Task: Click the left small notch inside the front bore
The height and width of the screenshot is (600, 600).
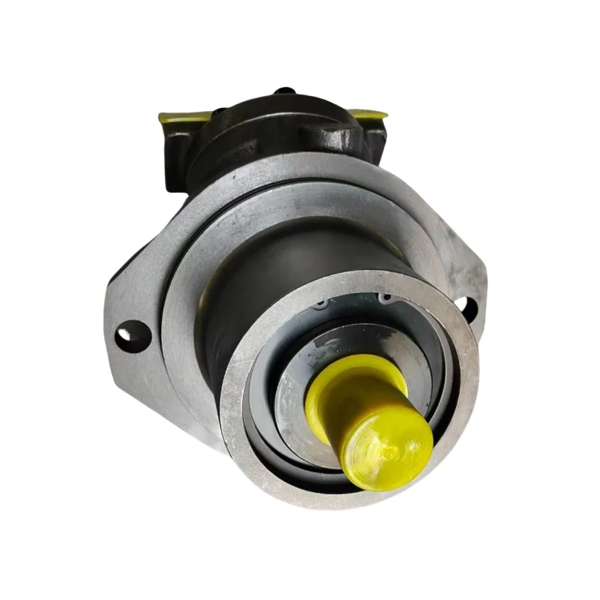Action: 323,304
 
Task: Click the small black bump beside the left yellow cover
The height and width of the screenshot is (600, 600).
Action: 218,114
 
